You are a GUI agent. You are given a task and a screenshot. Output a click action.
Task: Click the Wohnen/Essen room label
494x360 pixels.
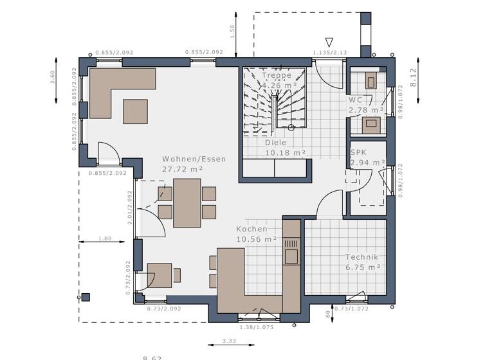pos(194,159)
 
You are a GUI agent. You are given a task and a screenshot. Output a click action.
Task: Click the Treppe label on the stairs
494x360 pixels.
pos(276,75)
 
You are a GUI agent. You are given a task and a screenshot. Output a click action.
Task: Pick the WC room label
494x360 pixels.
pos(356,100)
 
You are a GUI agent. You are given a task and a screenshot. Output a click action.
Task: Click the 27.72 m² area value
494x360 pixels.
pos(183,169)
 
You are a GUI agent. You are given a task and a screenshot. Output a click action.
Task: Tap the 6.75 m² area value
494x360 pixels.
pos(363,267)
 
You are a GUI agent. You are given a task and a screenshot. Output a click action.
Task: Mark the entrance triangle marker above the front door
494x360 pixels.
pos(329,41)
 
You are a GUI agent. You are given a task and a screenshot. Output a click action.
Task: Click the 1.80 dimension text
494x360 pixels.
pos(105,239)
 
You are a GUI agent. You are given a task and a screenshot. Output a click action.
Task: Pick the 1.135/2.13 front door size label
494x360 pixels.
pos(330,53)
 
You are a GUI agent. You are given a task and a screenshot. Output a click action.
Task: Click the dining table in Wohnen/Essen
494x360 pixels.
pos(187,203)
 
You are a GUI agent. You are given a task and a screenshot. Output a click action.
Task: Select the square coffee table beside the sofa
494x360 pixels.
pos(134,111)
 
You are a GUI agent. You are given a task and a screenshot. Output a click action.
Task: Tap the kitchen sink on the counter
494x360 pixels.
pos(291,256)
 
